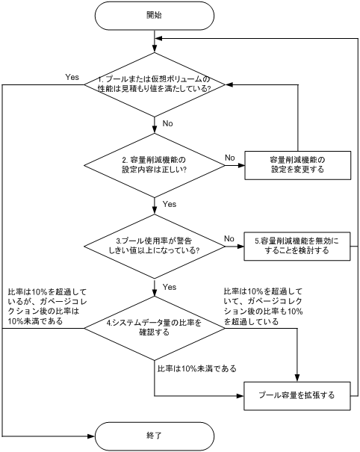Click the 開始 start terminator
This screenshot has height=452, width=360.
pyautogui.click(x=154, y=15)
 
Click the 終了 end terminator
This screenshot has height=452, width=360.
pyautogui.click(x=154, y=433)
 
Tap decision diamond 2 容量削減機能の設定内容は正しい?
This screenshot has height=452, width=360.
pyautogui.click(x=154, y=164)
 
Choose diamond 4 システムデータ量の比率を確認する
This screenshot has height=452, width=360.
pyautogui.click(x=154, y=328)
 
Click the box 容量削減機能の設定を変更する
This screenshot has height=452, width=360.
pyautogui.click(x=298, y=164)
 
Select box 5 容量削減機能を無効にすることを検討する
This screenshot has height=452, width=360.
pyautogui.click(x=298, y=246)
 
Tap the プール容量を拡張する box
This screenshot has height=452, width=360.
pyautogui.click(x=298, y=394)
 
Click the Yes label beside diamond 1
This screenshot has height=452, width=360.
pyautogui.click(x=72, y=77)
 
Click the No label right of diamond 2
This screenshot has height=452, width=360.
pyautogui.click(x=231, y=157)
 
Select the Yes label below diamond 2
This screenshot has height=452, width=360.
pyautogui.click(x=168, y=204)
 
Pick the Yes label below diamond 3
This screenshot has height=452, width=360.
pyautogui.click(x=168, y=286)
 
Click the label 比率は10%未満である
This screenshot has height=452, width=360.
pyautogui.click(x=197, y=368)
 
